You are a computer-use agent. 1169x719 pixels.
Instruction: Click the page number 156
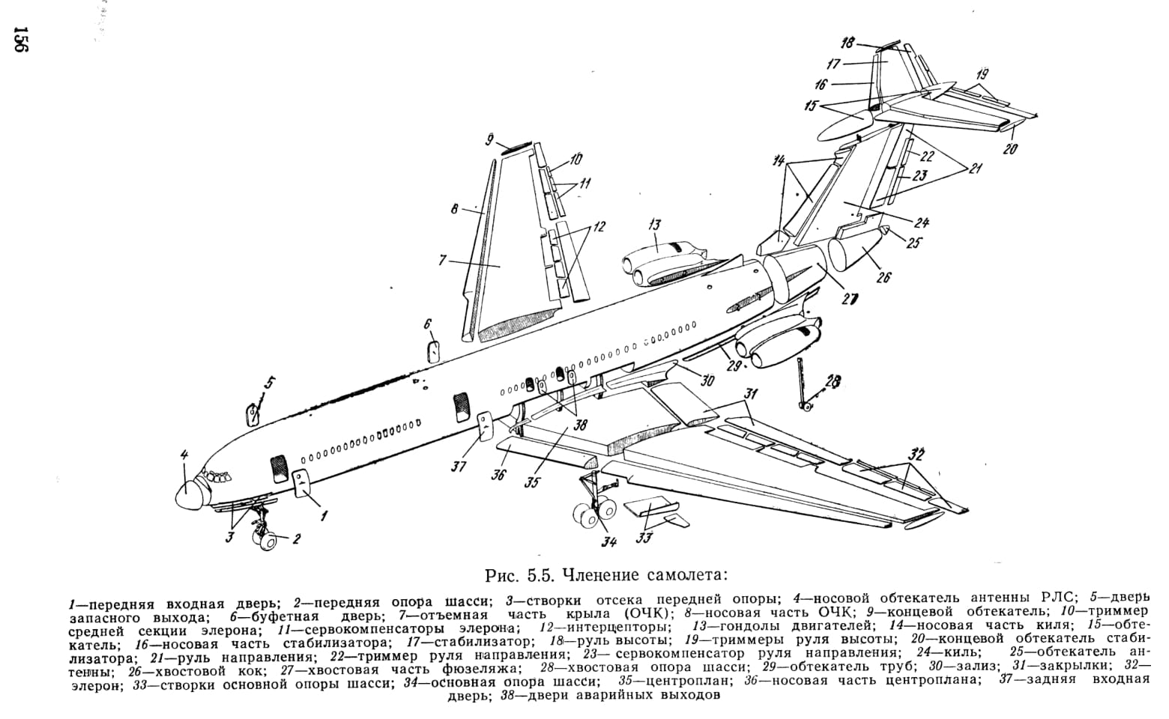(21, 39)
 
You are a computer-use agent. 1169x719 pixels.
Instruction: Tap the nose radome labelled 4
(188, 494)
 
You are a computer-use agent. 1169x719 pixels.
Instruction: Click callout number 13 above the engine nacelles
(654, 225)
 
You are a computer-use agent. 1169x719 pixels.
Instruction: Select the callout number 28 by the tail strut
(834, 381)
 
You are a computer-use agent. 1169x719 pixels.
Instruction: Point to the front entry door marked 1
(301, 483)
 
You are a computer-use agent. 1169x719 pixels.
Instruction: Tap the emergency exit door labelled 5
(253, 414)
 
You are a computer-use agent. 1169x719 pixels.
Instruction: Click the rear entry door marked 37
(486, 426)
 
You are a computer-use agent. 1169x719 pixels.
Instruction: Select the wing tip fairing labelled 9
(516, 147)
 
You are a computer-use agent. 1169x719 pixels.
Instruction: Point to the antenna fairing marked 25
(886, 230)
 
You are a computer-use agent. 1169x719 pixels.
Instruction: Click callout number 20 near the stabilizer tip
(1010, 149)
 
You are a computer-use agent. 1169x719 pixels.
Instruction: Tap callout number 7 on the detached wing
(442, 259)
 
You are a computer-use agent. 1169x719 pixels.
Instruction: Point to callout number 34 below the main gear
(608, 542)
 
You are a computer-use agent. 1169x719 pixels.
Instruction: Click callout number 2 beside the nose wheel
(296, 539)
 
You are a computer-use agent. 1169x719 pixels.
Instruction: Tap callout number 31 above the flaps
(749, 394)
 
